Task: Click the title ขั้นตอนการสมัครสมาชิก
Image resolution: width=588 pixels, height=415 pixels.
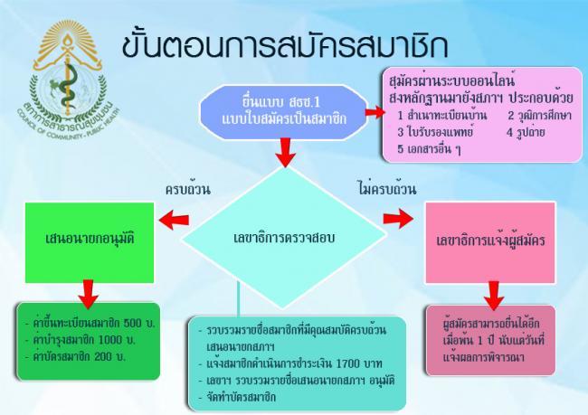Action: click(x=285, y=46)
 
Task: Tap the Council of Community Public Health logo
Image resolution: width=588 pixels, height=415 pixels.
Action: click(x=68, y=80)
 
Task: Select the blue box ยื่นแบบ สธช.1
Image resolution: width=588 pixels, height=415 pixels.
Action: click(x=284, y=112)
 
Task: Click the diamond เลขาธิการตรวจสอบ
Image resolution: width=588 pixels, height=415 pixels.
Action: click(x=284, y=237)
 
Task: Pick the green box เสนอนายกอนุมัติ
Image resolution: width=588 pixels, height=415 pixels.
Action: click(x=90, y=242)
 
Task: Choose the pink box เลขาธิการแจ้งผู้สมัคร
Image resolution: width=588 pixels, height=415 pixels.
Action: click(x=490, y=242)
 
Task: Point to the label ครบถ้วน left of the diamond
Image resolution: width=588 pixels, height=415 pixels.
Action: click(x=188, y=189)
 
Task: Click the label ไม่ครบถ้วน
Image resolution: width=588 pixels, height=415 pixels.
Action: click(x=387, y=189)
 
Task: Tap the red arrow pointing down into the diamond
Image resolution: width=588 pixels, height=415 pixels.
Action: click(x=285, y=153)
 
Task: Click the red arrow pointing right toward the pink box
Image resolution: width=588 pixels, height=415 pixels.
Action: click(x=398, y=219)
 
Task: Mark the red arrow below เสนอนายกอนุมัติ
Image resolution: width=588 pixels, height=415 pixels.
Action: click(x=89, y=294)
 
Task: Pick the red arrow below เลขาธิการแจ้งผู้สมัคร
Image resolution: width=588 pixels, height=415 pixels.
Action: click(x=494, y=296)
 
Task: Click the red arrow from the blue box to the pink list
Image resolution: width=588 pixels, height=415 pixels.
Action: click(x=375, y=112)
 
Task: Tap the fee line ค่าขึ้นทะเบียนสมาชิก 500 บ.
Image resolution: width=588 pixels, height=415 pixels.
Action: click(x=90, y=323)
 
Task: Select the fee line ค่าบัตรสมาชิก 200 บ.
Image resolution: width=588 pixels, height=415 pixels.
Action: click(x=75, y=356)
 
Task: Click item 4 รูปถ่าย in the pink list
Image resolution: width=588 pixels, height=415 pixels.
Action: click(x=526, y=132)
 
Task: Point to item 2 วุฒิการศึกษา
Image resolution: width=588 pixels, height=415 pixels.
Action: click(x=540, y=115)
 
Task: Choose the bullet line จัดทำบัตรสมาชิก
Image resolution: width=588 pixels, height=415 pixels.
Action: click(x=237, y=397)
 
